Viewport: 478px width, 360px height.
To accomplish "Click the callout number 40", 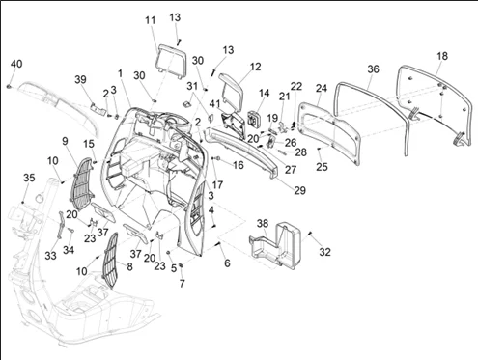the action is point(16,64).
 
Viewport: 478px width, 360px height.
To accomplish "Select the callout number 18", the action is point(442,56).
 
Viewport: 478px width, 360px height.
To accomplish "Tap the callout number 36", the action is point(373,69).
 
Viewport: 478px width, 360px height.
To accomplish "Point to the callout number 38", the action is point(263,223).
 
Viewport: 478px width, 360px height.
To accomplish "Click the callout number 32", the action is point(324,252).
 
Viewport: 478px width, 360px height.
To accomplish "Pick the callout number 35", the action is point(29,178).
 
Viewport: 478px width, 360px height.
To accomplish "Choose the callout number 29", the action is point(299,190).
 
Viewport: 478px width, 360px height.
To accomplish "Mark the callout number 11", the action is point(150,20).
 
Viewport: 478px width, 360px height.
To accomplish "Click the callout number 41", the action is point(214,104).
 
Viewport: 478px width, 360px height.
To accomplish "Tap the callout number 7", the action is point(183,284).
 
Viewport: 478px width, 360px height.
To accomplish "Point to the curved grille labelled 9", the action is point(82,179).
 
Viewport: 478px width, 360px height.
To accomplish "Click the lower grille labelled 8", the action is point(111,260).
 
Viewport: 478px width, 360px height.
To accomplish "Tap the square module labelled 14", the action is point(254,118).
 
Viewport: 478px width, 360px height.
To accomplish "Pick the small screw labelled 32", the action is point(311,234).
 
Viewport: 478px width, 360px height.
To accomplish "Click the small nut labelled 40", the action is point(9,86).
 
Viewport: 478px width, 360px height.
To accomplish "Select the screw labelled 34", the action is point(70,230).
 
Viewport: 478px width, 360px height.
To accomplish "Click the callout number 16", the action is point(238,165).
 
